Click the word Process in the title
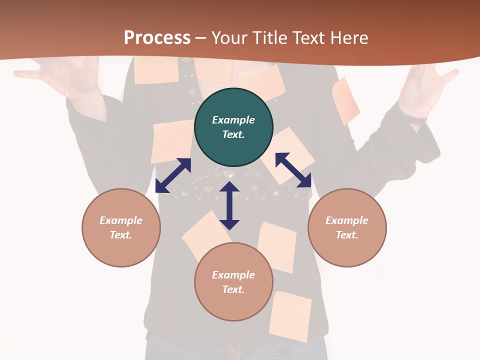click(x=157, y=38)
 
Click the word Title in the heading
click(x=269, y=38)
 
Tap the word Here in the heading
click(x=349, y=38)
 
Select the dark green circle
click(x=233, y=127)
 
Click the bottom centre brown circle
click(x=233, y=282)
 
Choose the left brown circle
click(x=121, y=228)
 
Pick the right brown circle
click(x=347, y=228)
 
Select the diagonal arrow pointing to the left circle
click(x=173, y=175)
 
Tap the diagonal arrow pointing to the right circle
click(x=293, y=170)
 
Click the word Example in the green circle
click(x=233, y=120)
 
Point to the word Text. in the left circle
click(x=121, y=235)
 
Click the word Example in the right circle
click(x=347, y=220)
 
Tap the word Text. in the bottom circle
click(x=233, y=289)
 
